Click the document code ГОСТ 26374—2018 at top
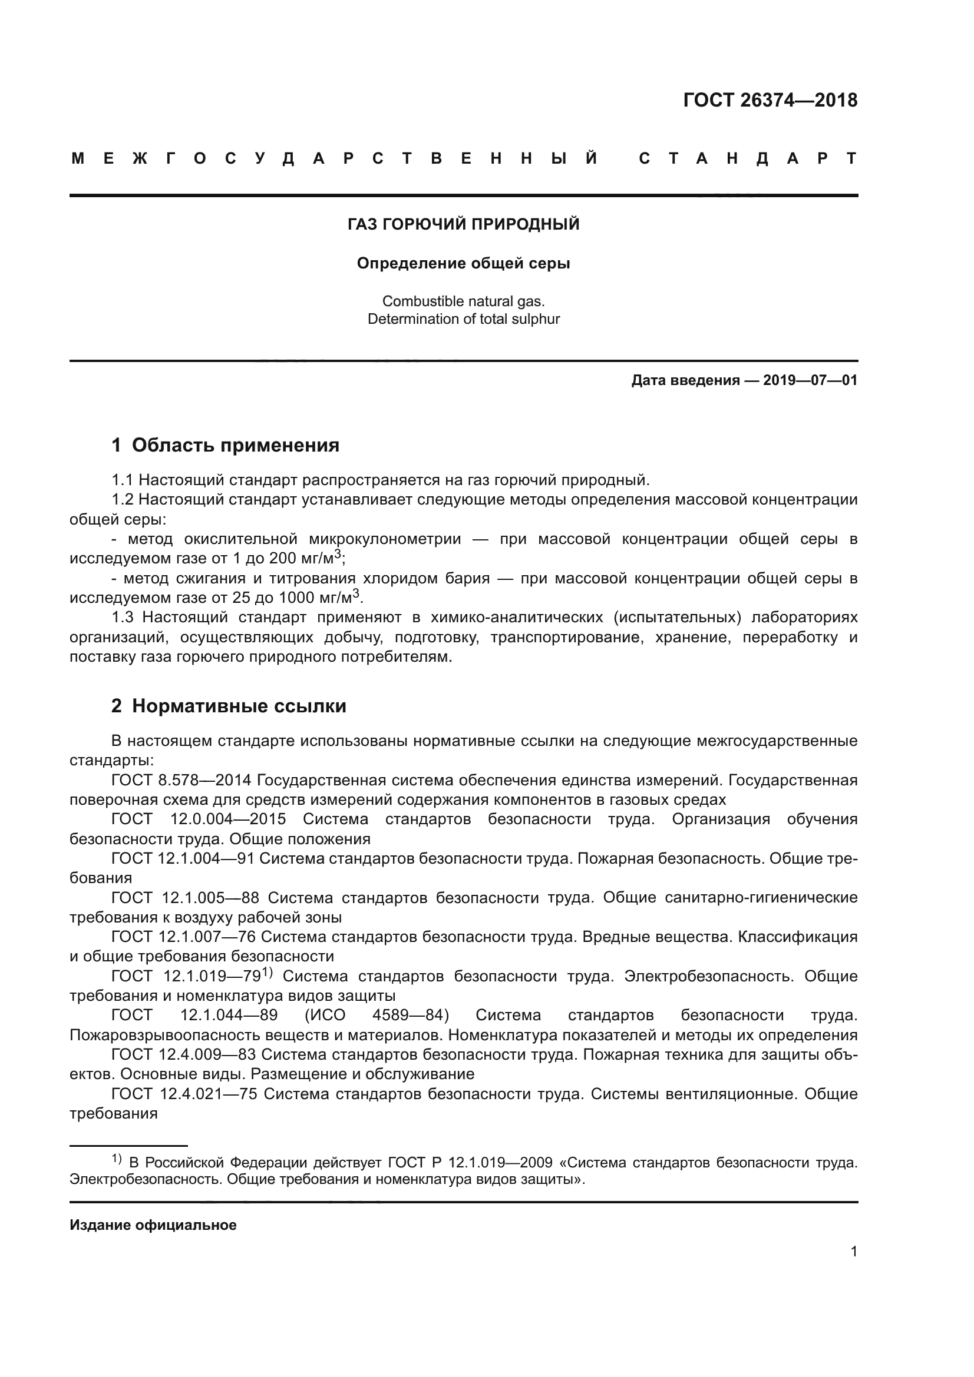point(770,99)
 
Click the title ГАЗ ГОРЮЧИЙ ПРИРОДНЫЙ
point(463,224)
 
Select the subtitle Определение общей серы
point(463,263)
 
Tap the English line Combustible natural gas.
point(463,301)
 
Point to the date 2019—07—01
point(810,380)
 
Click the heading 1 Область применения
point(225,445)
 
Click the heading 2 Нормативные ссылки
point(229,706)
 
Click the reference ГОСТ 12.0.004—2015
point(198,819)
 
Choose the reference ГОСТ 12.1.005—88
point(185,898)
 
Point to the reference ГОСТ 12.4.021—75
point(184,1094)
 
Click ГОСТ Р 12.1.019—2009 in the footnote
point(470,1163)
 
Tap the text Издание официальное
point(153,1225)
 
